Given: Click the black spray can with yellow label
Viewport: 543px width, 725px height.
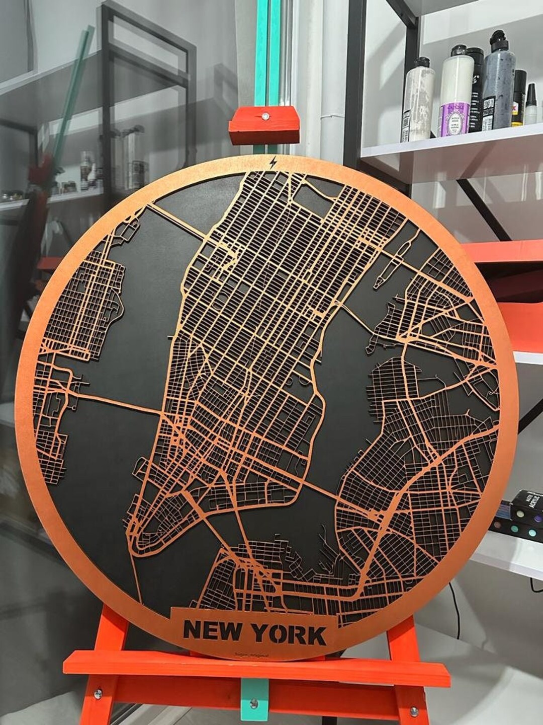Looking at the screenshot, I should (x=518, y=98).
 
